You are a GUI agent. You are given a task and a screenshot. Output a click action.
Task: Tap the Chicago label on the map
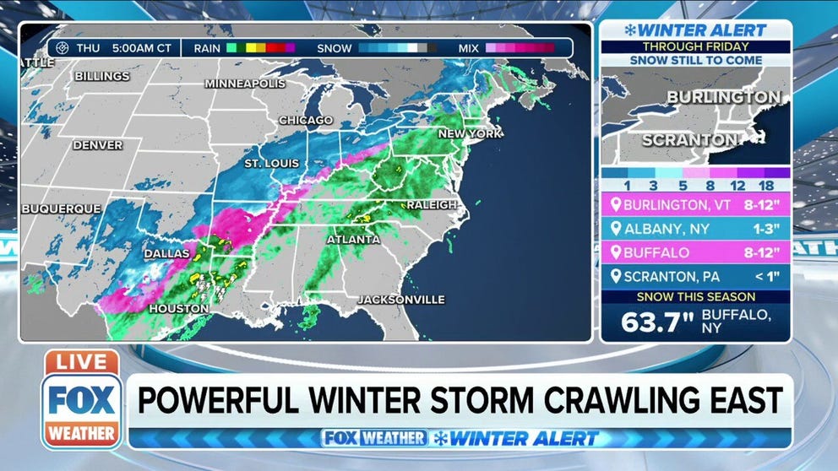pos(305,121)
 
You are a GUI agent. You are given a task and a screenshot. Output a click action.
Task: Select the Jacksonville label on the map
pos(400,300)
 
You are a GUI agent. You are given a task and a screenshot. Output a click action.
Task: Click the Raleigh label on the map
pos(432,205)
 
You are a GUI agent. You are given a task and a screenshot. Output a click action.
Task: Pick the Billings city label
pos(102,76)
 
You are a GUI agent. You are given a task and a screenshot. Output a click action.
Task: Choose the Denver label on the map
pos(97,145)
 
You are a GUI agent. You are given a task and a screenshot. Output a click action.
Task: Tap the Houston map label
pos(179,309)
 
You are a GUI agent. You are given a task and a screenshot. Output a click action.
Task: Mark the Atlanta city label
pos(353,240)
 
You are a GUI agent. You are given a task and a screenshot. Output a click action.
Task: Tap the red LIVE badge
pos(82,362)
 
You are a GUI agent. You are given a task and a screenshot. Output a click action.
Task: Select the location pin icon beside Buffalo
pos(615,252)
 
